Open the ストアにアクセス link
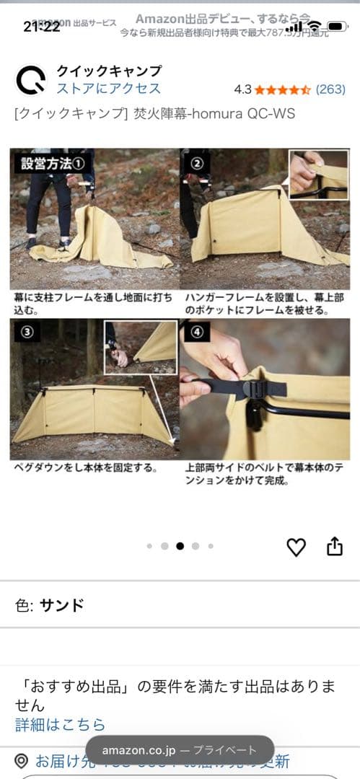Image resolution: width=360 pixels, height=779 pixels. pyautogui.click(x=108, y=89)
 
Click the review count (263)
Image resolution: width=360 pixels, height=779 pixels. pyautogui.click(x=331, y=89)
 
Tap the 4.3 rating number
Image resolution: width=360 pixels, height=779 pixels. pyautogui.click(x=242, y=89)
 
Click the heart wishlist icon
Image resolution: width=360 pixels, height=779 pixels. pyautogui.click(x=297, y=547)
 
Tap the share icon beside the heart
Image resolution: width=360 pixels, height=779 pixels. pyautogui.click(x=335, y=547)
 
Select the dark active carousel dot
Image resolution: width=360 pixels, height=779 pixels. pyautogui.click(x=180, y=546)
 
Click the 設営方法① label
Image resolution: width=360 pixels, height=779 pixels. pyautogui.click(x=53, y=162)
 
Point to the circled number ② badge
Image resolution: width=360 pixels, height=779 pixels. pyautogui.click(x=196, y=162)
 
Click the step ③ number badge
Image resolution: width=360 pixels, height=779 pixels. pyautogui.click(x=26, y=333)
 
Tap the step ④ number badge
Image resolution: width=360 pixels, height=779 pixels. pyautogui.click(x=196, y=333)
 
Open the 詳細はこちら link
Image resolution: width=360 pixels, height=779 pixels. pyautogui.click(x=61, y=724)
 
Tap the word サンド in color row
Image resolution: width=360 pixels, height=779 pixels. pyautogui.click(x=61, y=604)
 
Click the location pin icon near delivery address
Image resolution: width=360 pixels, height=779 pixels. pyautogui.click(x=22, y=761)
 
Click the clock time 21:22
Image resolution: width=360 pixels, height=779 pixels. pyautogui.click(x=42, y=27)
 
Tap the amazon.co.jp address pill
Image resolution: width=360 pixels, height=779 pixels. pyautogui.click(x=180, y=750)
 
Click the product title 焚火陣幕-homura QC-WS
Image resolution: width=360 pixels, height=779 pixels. pyautogui.click(x=154, y=115)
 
